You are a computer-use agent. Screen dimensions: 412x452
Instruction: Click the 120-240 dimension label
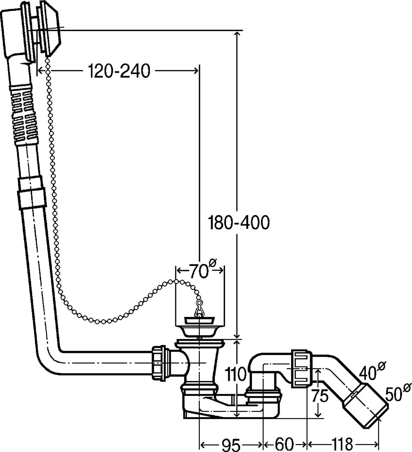[119, 71]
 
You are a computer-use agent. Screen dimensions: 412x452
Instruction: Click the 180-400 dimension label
[239, 223]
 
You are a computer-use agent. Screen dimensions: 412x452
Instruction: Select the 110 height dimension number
[236, 374]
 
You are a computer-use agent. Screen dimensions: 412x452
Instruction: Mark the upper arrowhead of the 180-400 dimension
[237, 34]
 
